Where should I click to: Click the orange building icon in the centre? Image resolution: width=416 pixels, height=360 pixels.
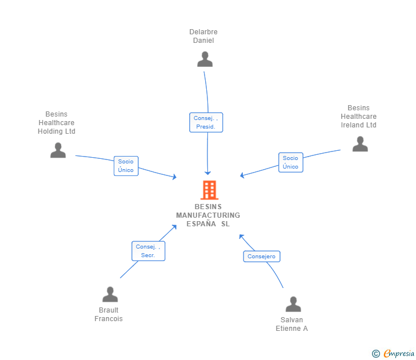click(209, 190)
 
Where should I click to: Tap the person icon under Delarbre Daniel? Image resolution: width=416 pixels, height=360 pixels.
click(205, 59)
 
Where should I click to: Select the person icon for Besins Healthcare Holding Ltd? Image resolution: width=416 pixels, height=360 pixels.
click(58, 150)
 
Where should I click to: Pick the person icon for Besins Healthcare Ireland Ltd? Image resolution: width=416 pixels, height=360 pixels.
click(360, 144)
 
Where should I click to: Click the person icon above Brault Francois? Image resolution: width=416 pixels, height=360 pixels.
click(110, 294)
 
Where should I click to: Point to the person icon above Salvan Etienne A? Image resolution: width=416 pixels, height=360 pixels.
click(293, 304)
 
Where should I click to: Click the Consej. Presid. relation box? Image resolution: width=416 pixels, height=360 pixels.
click(206, 122)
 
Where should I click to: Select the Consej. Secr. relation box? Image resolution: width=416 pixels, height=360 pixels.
click(148, 251)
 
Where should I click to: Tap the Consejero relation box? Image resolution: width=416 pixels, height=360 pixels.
click(261, 257)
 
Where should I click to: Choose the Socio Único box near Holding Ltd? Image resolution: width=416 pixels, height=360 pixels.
click(126, 166)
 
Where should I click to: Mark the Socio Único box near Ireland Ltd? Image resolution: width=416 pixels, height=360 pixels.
click(290, 162)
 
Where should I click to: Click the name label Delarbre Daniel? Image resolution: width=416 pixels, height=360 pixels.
click(203, 36)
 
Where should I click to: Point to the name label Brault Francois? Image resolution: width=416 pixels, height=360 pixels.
click(109, 315)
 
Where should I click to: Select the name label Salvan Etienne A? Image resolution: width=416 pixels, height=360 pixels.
click(292, 324)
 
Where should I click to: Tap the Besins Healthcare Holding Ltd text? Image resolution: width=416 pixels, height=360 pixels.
click(57, 123)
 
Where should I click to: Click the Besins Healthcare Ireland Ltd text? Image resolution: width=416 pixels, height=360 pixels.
click(359, 117)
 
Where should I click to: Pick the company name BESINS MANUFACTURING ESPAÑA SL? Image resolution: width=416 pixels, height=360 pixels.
click(208, 215)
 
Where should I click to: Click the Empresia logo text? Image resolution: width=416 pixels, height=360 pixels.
click(399, 354)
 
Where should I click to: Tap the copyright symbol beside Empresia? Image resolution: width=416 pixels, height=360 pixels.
click(375, 354)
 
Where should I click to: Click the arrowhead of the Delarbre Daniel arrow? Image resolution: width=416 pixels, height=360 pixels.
click(208, 173)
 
